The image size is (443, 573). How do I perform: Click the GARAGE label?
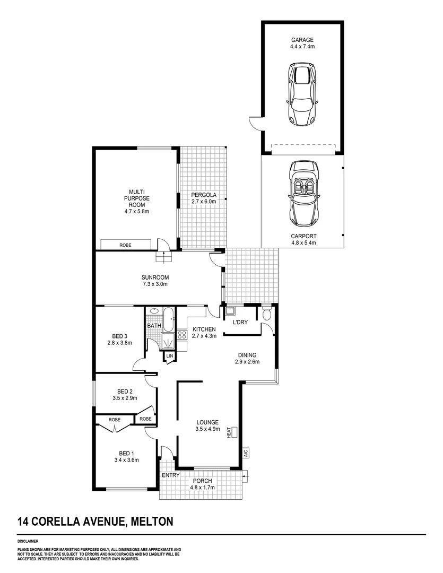(x=302, y=40)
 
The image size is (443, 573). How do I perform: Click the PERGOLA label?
(x=204, y=195)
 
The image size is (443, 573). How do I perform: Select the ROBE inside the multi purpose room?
(x=125, y=245)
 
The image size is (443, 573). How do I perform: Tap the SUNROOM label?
(x=155, y=277)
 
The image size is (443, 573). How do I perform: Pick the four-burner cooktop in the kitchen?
(x=182, y=335)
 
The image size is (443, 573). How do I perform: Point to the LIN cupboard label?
(x=170, y=355)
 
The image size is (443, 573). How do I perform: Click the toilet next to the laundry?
(x=267, y=314)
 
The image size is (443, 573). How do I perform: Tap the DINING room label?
(x=247, y=355)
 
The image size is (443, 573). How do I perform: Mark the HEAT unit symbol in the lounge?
(x=234, y=432)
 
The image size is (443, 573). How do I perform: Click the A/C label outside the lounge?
(x=246, y=453)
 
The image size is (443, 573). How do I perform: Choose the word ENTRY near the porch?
(x=171, y=475)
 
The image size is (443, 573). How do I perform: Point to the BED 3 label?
(x=119, y=336)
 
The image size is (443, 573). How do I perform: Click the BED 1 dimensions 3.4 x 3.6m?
(x=126, y=460)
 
